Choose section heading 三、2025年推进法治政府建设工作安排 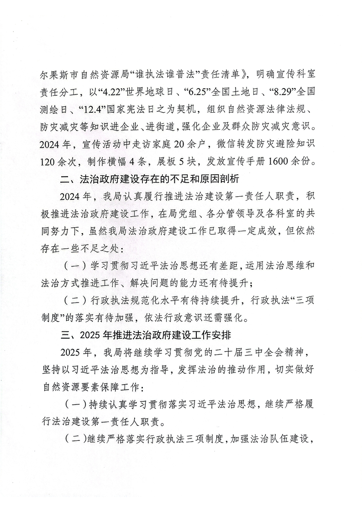pyautogui.click(x=148, y=336)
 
